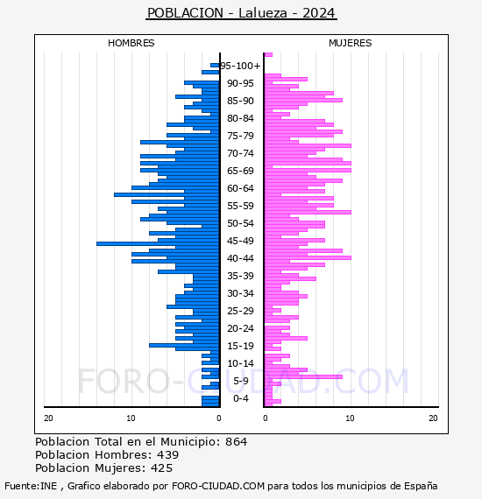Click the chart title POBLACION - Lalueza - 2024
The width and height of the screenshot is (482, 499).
point(241,13)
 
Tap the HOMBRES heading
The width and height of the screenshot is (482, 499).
point(131,43)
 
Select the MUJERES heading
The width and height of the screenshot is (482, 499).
point(351,43)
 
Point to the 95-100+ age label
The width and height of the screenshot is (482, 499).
point(240,66)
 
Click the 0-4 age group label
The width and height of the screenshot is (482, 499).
point(240,398)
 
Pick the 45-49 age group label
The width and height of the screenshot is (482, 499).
point(240,241)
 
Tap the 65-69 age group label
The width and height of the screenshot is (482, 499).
point(240,171)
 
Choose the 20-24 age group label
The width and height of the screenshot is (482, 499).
point(240,328)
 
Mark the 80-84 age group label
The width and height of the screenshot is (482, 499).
point(240,118)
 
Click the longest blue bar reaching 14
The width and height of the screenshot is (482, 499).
point(158,243)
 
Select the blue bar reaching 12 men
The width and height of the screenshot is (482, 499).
point(167,194)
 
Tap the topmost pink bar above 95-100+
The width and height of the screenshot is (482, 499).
point(268,55)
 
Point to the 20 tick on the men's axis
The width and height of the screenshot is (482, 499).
point(48,418)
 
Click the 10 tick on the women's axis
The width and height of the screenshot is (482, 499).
point(350,418)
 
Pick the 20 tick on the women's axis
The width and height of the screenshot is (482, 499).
point(433,418)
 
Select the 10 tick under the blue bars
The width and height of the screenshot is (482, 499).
point(131,418)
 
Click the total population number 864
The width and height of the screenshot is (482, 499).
point(236,442)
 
